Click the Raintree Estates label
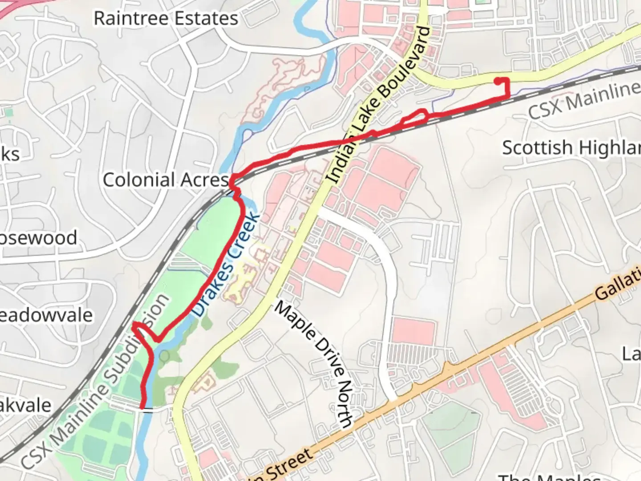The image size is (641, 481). (166, 19)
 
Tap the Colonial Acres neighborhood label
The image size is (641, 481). (166, 180)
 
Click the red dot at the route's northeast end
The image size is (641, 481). (498, 81)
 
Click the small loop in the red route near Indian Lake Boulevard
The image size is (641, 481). (415, 117)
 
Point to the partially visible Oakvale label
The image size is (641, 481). (26, 406)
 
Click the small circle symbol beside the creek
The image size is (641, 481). (164, 355)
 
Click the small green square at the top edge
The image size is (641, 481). (480, 2)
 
